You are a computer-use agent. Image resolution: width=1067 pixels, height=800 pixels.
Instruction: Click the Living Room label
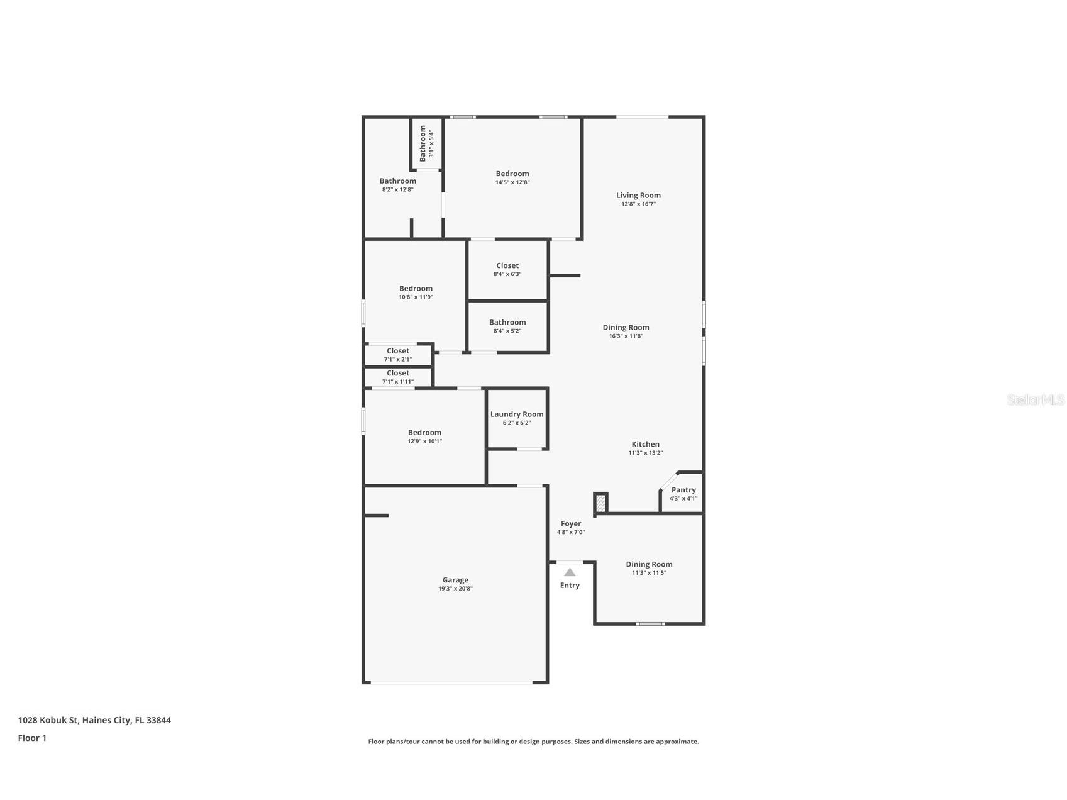coord(638,196)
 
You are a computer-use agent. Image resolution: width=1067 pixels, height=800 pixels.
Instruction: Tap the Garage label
coord(455,580)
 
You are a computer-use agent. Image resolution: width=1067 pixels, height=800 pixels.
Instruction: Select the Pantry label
coord(683,490)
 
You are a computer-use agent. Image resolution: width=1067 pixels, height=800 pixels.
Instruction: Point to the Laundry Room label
coord(517,414)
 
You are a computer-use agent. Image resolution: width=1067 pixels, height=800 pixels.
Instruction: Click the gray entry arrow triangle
coord(570,572)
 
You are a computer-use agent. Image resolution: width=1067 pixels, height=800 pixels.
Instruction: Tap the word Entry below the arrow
coord(570,586)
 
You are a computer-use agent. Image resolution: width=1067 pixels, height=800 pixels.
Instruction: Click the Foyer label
coord(571,523)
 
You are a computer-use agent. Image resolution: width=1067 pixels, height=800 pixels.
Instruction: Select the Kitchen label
coord(646,444)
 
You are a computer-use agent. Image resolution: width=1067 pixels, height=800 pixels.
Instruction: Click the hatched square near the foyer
coord(600,503)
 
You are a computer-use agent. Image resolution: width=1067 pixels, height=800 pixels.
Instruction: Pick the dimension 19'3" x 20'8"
coord(455,589)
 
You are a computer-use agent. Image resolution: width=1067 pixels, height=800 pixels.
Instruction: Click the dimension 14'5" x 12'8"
coord(512,182)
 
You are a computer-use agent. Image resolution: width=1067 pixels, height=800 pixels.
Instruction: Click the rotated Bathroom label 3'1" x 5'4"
coord(423,143)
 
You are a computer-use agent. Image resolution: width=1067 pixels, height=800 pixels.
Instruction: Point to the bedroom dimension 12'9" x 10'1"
coord(424,442)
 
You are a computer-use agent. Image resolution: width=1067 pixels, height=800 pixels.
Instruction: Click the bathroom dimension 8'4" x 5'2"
coord(507,331)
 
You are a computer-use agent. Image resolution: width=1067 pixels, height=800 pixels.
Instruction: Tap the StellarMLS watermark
coord(1035,400)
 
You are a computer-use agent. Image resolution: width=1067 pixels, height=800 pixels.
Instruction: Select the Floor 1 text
coord(32,738)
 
